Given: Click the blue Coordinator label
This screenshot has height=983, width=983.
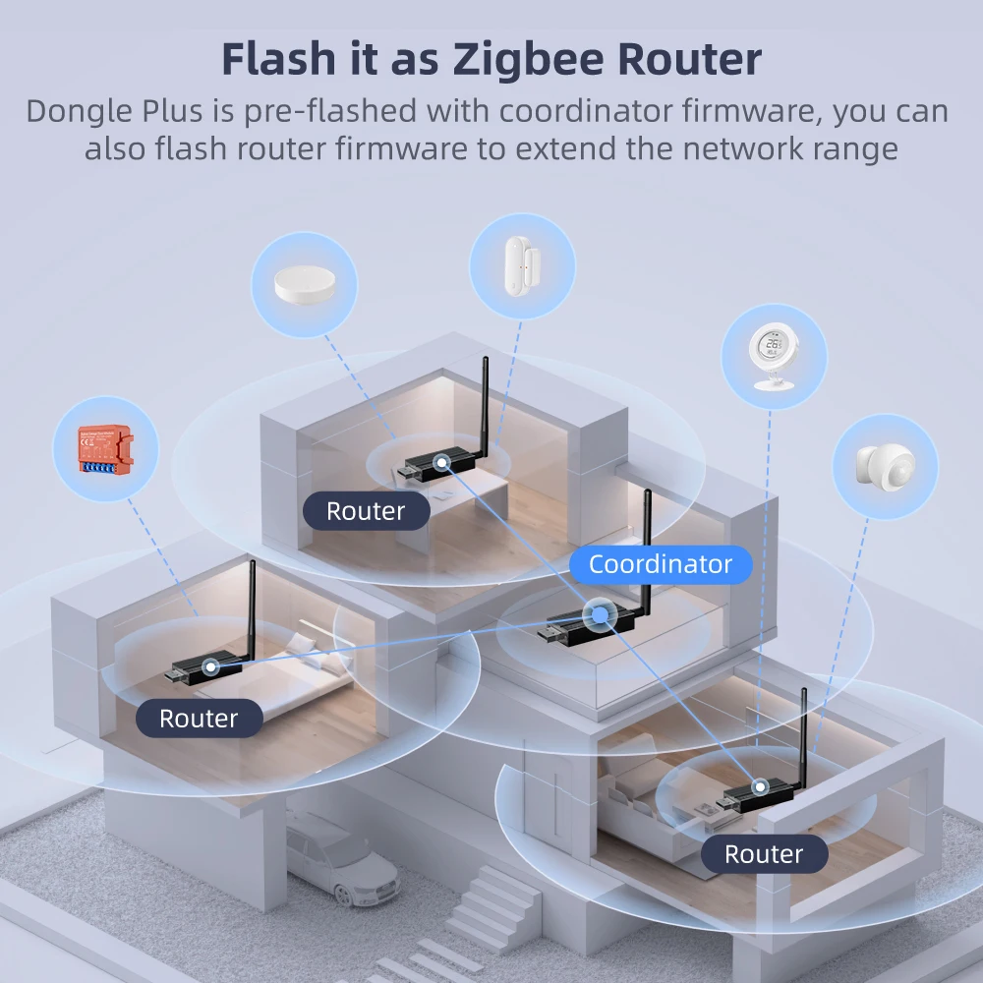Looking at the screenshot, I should point(660,564).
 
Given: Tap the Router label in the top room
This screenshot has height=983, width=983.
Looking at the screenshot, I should point(366,511).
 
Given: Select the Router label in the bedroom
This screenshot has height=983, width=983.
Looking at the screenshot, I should point(199,719).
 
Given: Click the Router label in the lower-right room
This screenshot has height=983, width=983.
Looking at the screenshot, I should point(764,854).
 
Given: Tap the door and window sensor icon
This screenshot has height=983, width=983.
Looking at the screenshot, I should point(520,265).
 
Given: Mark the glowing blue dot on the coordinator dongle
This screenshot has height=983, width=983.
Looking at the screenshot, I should point(597,616).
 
